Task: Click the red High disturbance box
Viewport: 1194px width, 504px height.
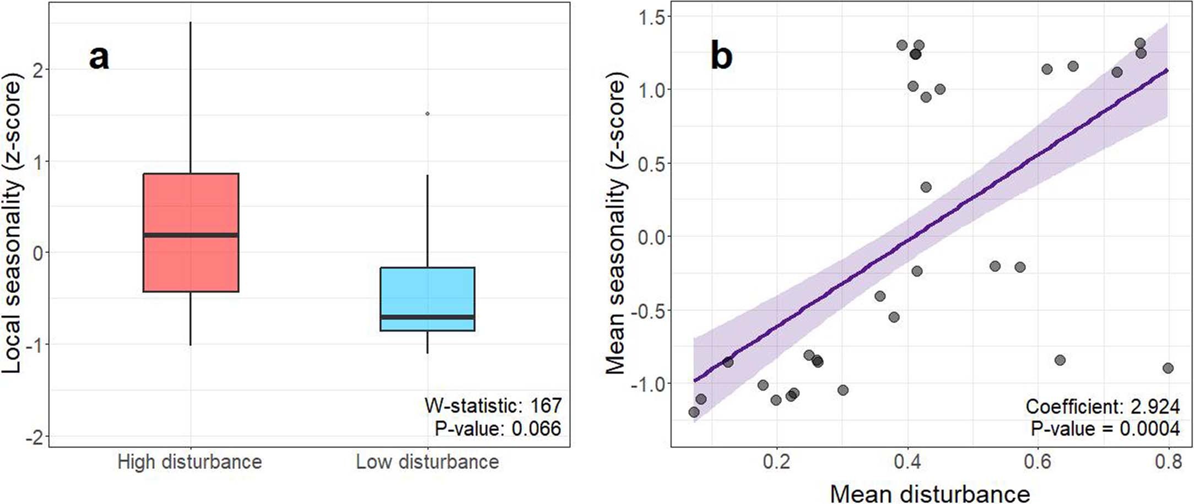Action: pyautogui.click(x=191, y=204)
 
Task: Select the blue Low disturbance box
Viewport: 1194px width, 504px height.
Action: pyautogui.click(x=428, y=292)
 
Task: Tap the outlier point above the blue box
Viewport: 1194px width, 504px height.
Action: pyautogui.click(x=428, y=113)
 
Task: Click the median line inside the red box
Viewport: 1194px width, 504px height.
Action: pyautogui.click(x=191, y=235)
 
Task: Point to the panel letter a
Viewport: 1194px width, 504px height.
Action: pyautogui.click(x=99, y=57)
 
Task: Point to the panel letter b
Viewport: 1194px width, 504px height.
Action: pyautogui.click(x=721, y=56)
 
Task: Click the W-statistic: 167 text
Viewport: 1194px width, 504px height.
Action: pyautogui.click(x=493, y=405)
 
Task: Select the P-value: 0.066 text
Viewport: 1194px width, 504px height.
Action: pyautogui.click(x=498, y=429)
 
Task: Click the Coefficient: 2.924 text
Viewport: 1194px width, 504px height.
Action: pyautogui.click(x=1102, y=407)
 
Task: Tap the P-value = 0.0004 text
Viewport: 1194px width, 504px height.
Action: pyautogui.click(x=1105, y=429)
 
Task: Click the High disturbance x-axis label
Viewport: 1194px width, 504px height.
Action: pyautogui.click(x=190, y=462)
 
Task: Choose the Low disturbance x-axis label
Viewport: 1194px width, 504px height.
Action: pyautogui.click(x=428, y=462)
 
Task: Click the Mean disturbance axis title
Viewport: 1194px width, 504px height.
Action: pyautogui.click(x=930, y=493)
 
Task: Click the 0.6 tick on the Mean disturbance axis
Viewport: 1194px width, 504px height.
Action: pyautogui.click(x=1038, y=462)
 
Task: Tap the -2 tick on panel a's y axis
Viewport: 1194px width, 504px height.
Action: pyautogui.click(x=36, y=437)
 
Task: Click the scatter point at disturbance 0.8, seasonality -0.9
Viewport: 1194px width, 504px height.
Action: pyautogui.click(x=1168, y=368)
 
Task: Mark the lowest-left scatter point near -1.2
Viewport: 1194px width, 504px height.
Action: pyautogui.click(x=694, y=412)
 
